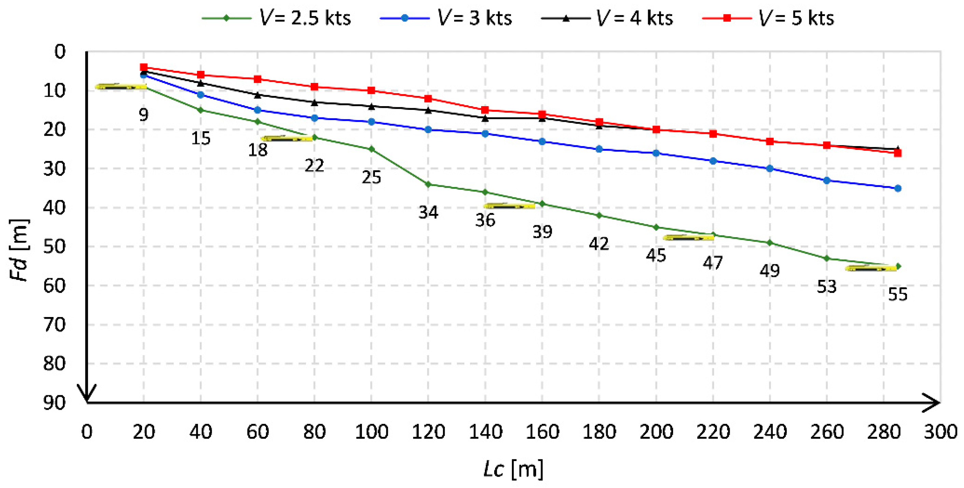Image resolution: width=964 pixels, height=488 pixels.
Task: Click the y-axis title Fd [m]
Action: [x=18, y=249]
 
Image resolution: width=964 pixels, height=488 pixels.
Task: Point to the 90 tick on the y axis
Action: [x=55, y=403]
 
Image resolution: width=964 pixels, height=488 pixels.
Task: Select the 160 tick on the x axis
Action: [x=542, y=432]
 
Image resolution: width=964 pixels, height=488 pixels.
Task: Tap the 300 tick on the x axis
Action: [x=940, y=432]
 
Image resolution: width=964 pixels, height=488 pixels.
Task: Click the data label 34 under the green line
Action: [x=428, y=212]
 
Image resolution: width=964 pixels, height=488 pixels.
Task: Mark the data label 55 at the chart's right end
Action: [x=897, y=294]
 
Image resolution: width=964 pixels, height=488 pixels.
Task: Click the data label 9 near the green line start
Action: [x=143, y=114]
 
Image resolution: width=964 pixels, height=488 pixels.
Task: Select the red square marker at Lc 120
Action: [x=428, y=99]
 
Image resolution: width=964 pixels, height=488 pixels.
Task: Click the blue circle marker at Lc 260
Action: [x=827, y=180]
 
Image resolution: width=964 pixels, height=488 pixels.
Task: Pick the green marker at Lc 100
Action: [x=371, y=149]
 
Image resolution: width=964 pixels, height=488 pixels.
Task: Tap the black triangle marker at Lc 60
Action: [x=257, y=95]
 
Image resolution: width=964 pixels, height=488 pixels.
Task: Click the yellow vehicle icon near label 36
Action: [x=509, y=206]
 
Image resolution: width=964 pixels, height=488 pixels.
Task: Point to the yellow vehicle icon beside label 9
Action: [x=121, y=87]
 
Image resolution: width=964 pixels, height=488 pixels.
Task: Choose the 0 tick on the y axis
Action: [x=60, y=52]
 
